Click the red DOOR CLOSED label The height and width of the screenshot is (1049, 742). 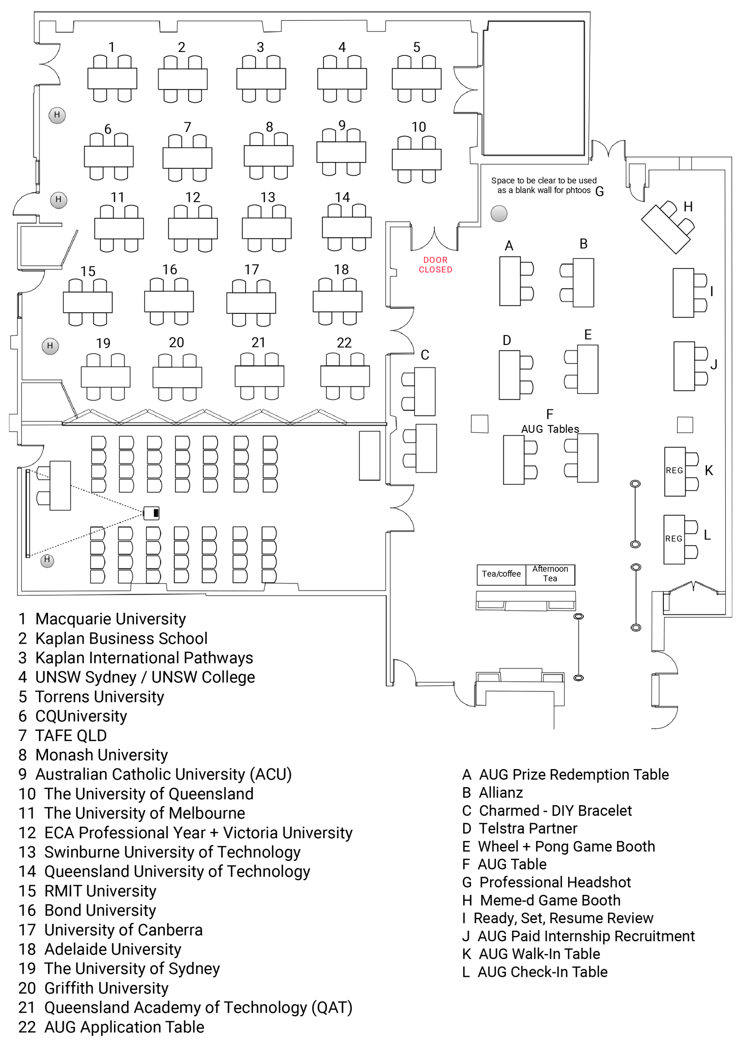[435, 265]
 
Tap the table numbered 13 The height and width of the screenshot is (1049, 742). [266, 228]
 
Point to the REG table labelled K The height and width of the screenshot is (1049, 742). [675, 472]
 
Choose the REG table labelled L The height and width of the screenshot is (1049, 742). [674, 540]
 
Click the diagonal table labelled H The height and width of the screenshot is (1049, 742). [666, 230]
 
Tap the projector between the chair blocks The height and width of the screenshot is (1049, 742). [151, 513]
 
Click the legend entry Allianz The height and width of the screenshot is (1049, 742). [501, 792]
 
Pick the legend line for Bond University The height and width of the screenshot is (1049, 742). [100, 910]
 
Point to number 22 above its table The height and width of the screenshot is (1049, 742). [344, 343]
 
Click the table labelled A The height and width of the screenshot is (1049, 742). [510, 281]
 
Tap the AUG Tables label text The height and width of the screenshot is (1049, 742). [550, 429]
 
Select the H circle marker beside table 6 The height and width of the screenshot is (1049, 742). [57, 115]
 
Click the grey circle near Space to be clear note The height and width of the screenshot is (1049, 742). [499, 213]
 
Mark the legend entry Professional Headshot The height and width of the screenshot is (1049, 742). [555, 882]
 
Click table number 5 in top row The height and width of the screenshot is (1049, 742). [417, 79]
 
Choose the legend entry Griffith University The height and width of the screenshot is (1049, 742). [106, 988]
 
